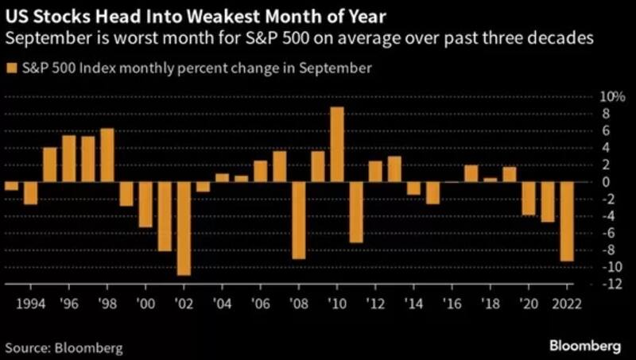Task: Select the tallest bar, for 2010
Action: click(x=336, y=144)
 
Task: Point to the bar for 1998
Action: click(x=107, y=155)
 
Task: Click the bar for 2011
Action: click(x=355, y=211)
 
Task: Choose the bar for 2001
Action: click(x=165, y=216)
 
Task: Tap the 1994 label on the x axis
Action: click(x=30, y=304)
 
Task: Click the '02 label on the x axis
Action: click(x=184, y=304)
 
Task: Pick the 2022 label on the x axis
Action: click(x=567, y=304)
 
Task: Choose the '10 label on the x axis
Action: click(x=336, y=304)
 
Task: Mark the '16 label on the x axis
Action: click(x=452, y=304)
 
